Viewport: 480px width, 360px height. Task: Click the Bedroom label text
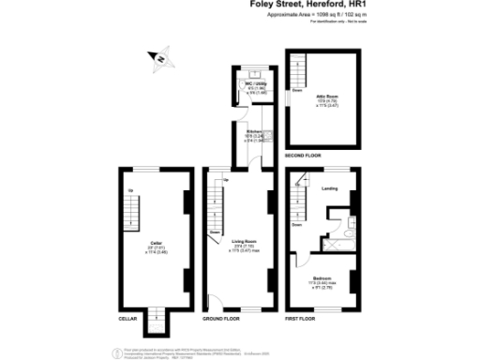tap(322, 278)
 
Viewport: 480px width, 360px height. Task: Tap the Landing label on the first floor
tap(329, 188)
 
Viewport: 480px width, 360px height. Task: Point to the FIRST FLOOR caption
tap(301, 319)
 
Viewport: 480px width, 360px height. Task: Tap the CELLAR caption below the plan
tap(128, 319)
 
